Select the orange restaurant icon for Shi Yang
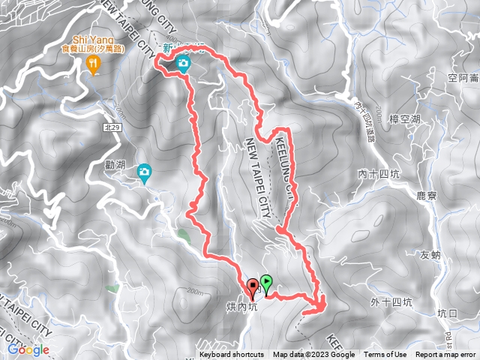click(x=92, y=65)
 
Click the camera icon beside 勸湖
click(x=143, y=173)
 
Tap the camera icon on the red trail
click(x=182, y=64)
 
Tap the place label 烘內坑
click(x=242, y=305)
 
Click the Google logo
click(x=28, y=349)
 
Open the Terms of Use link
click(x=385, y=355)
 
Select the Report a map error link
click(x=446, y=355)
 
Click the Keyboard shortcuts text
click(x=231, y=355)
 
